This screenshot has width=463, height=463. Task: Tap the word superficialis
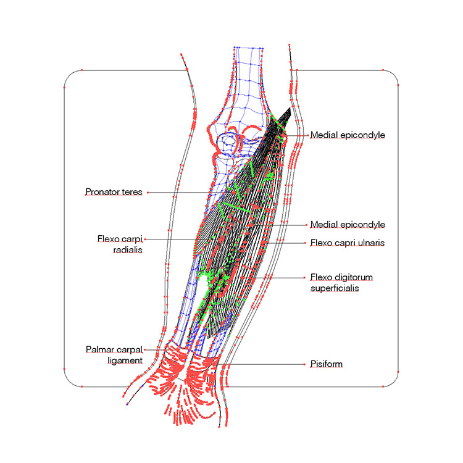334,288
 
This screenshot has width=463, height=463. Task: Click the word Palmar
99,349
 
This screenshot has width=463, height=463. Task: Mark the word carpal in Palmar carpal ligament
130,349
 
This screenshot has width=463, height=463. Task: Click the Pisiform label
326,364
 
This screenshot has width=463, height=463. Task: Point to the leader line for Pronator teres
179,193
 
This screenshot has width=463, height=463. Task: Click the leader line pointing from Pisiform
259,364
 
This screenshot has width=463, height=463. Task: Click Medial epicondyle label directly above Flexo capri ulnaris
348,224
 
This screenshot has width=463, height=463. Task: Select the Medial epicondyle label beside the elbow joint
348,135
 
